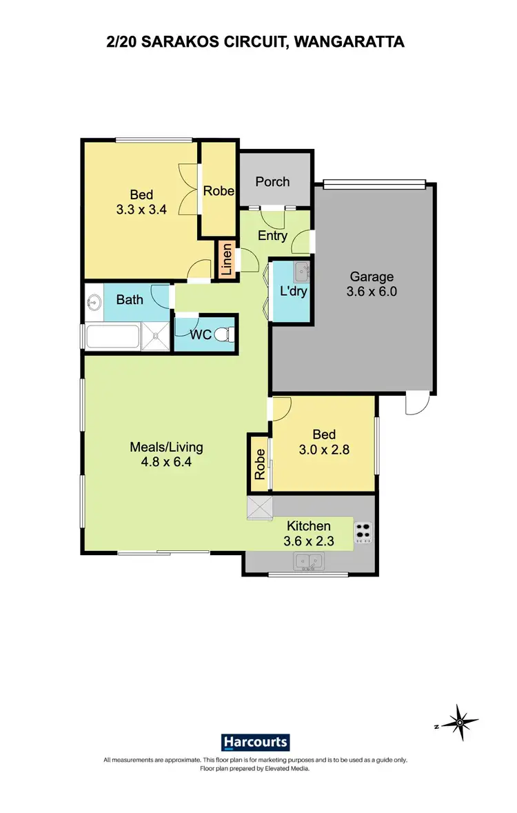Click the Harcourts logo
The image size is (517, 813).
[x=255, y=742]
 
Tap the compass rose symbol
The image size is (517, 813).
[x=459, y=723]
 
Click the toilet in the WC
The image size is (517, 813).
[x=222, y=334]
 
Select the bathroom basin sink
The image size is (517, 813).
[x=94, y=301]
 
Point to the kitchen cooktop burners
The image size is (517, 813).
[x=363, y=532]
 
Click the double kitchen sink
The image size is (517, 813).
[x=308, y=562]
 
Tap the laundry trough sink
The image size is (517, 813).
[x=301, y=273]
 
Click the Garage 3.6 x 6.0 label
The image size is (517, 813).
[x=372, y=284]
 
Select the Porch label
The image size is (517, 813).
[x=272, y=182]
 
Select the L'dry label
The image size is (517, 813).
[x=293, y=292]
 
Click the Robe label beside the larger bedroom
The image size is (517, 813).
[x=219, y=191]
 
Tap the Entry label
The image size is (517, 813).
[x=272, y=236]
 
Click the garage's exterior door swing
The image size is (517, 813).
[x=416, y=405]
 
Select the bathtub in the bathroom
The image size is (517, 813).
[x=114, y=337]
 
